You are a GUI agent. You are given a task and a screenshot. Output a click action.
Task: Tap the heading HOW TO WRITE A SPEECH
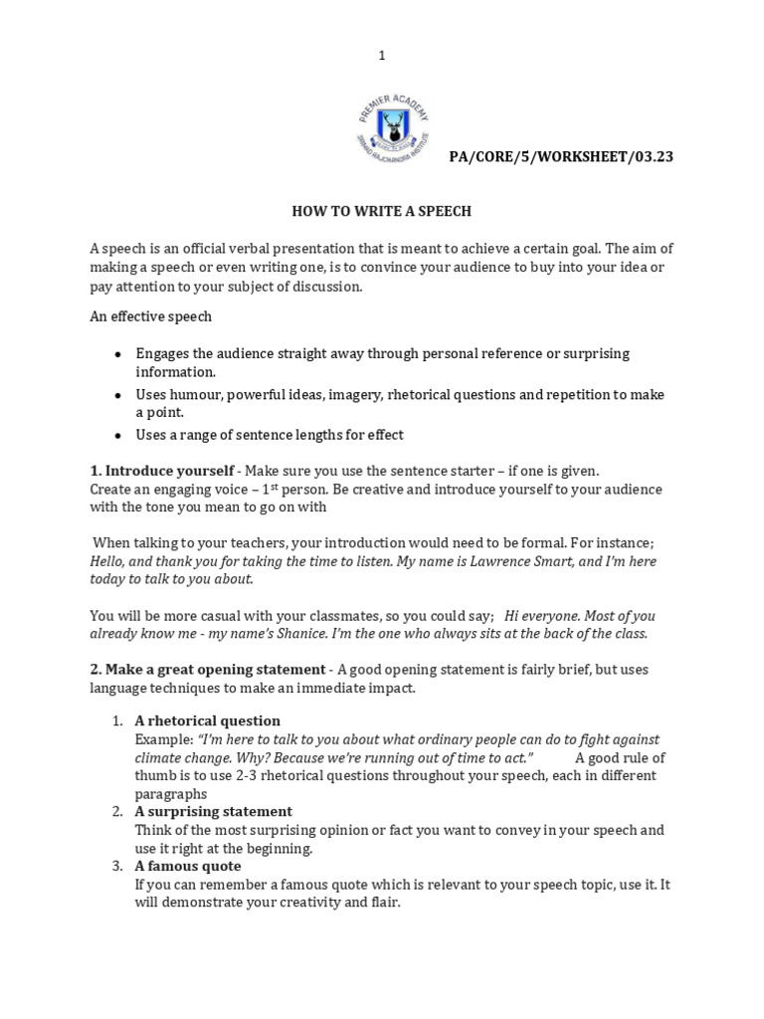[381, 211]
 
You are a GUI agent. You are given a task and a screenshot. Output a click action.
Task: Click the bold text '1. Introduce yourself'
[162, 471]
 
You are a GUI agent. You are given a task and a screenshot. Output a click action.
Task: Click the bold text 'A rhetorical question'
[208, 720]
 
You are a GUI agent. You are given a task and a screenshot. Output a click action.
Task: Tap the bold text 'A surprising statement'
[214, 811]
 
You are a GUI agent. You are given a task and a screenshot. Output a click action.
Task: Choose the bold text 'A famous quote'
[188, 866]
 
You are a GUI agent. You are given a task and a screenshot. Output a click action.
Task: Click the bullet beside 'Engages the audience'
[117, 354]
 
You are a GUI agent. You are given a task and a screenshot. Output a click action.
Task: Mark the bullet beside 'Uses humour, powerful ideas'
[117, 395]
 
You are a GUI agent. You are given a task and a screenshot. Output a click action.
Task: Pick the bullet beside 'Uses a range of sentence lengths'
[117, 436]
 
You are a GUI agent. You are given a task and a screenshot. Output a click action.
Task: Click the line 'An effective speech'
[151, 316]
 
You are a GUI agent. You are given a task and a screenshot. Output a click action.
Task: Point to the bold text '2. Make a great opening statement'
[207, 669]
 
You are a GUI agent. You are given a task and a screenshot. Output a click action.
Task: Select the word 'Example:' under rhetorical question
[164, 740]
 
